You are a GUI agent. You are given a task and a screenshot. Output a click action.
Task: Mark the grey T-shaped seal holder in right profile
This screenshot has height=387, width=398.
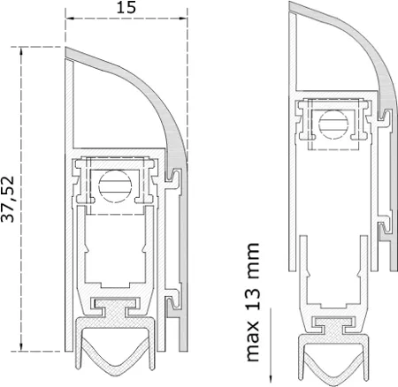click(335, 325)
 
